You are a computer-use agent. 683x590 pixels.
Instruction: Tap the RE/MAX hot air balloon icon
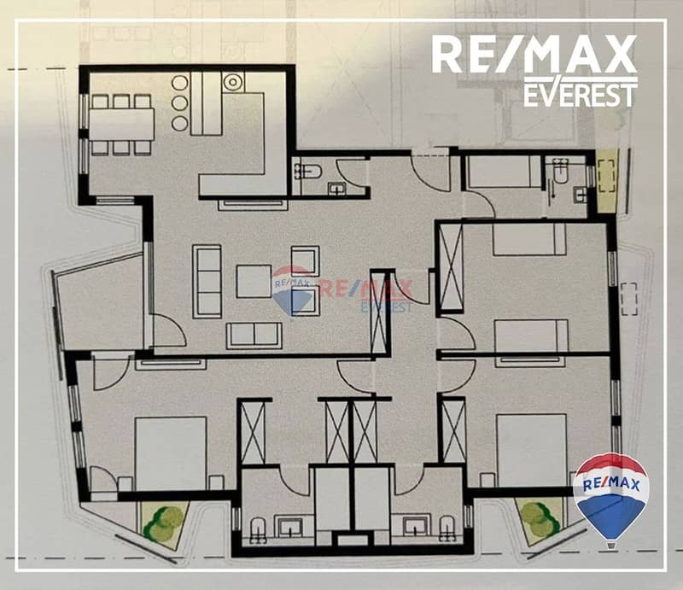point(611,499)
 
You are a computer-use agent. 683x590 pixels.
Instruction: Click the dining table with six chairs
point(121,125)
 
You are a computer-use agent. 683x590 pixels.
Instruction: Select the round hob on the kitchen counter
point(233,81)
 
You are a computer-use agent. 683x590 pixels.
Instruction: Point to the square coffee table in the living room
point(254,281)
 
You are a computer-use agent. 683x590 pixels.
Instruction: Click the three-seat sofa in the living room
point(207,282)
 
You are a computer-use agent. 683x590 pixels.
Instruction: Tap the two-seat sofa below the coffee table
point(254,336)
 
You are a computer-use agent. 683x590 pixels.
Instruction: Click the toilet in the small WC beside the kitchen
point(307,172)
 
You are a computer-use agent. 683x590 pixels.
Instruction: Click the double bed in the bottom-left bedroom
point(170,453)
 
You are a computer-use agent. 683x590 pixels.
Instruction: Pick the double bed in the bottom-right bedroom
point(531,451)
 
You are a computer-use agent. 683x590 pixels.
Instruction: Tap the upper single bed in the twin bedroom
point(529,239)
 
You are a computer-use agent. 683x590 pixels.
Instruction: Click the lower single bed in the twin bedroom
point(531,336)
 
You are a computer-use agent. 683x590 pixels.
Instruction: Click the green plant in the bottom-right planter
point(540,518)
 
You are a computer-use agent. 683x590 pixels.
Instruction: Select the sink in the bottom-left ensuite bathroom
point(291,528)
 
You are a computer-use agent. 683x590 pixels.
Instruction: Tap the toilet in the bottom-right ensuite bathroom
point(447,529)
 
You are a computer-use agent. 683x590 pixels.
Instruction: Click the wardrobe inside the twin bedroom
point(451,267)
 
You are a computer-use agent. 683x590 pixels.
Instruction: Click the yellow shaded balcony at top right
point(608,180)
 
